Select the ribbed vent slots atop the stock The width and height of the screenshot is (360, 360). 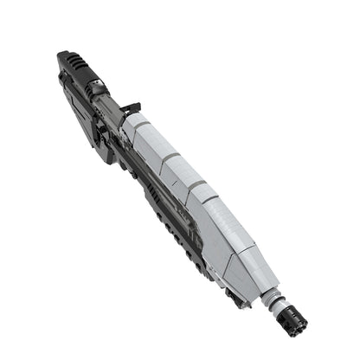(x=77, y=62)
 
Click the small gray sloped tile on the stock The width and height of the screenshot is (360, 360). (x=95, y=87)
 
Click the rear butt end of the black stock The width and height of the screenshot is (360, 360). (x=63, y=59)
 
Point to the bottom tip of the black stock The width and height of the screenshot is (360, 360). (x=107, y=160)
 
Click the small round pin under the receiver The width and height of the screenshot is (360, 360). (x=130, y=171)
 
